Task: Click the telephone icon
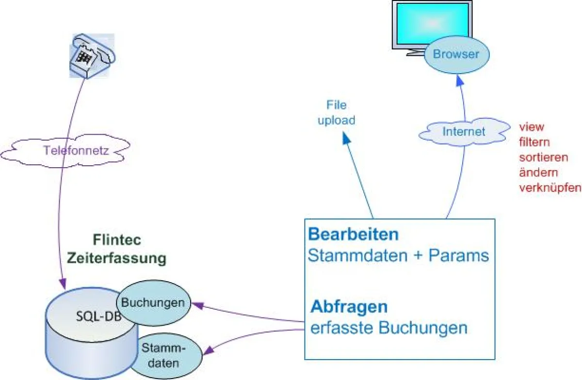coord(91,55)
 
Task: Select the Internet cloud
coord(464,131)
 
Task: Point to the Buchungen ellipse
coord(153,303)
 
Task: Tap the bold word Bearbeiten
coord(354,235)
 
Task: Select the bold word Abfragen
coord(349,307)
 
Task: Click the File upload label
coord(337,112)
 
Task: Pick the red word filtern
coord(533,142)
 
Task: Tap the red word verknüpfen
coord(550,188)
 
